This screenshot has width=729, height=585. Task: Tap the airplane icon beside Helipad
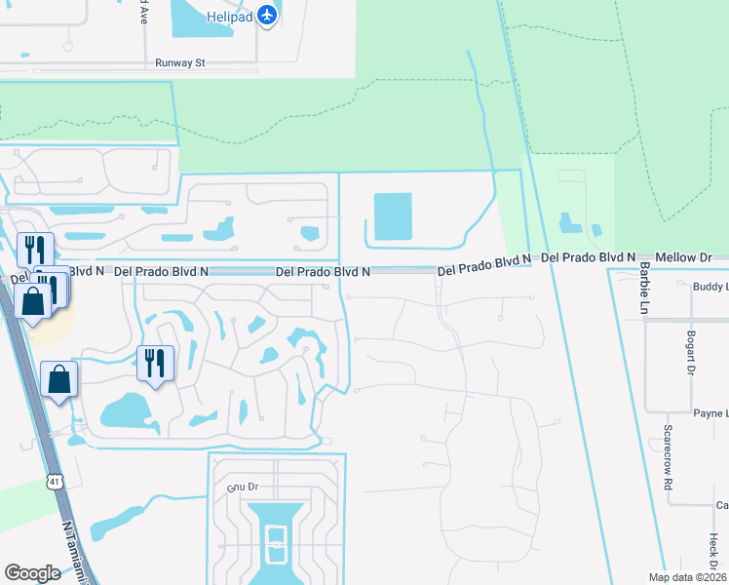point(269,15)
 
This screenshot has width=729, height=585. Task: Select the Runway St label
point(181,62)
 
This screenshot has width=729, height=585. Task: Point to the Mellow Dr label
point(684,257)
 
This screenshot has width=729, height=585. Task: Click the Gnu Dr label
point(242,486)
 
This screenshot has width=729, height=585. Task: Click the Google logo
point(32,572)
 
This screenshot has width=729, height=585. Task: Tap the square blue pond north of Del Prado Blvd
point(393,216)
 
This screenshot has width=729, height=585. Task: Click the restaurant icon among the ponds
point(155,364)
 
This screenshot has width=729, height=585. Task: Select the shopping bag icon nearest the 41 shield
point(59,380)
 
